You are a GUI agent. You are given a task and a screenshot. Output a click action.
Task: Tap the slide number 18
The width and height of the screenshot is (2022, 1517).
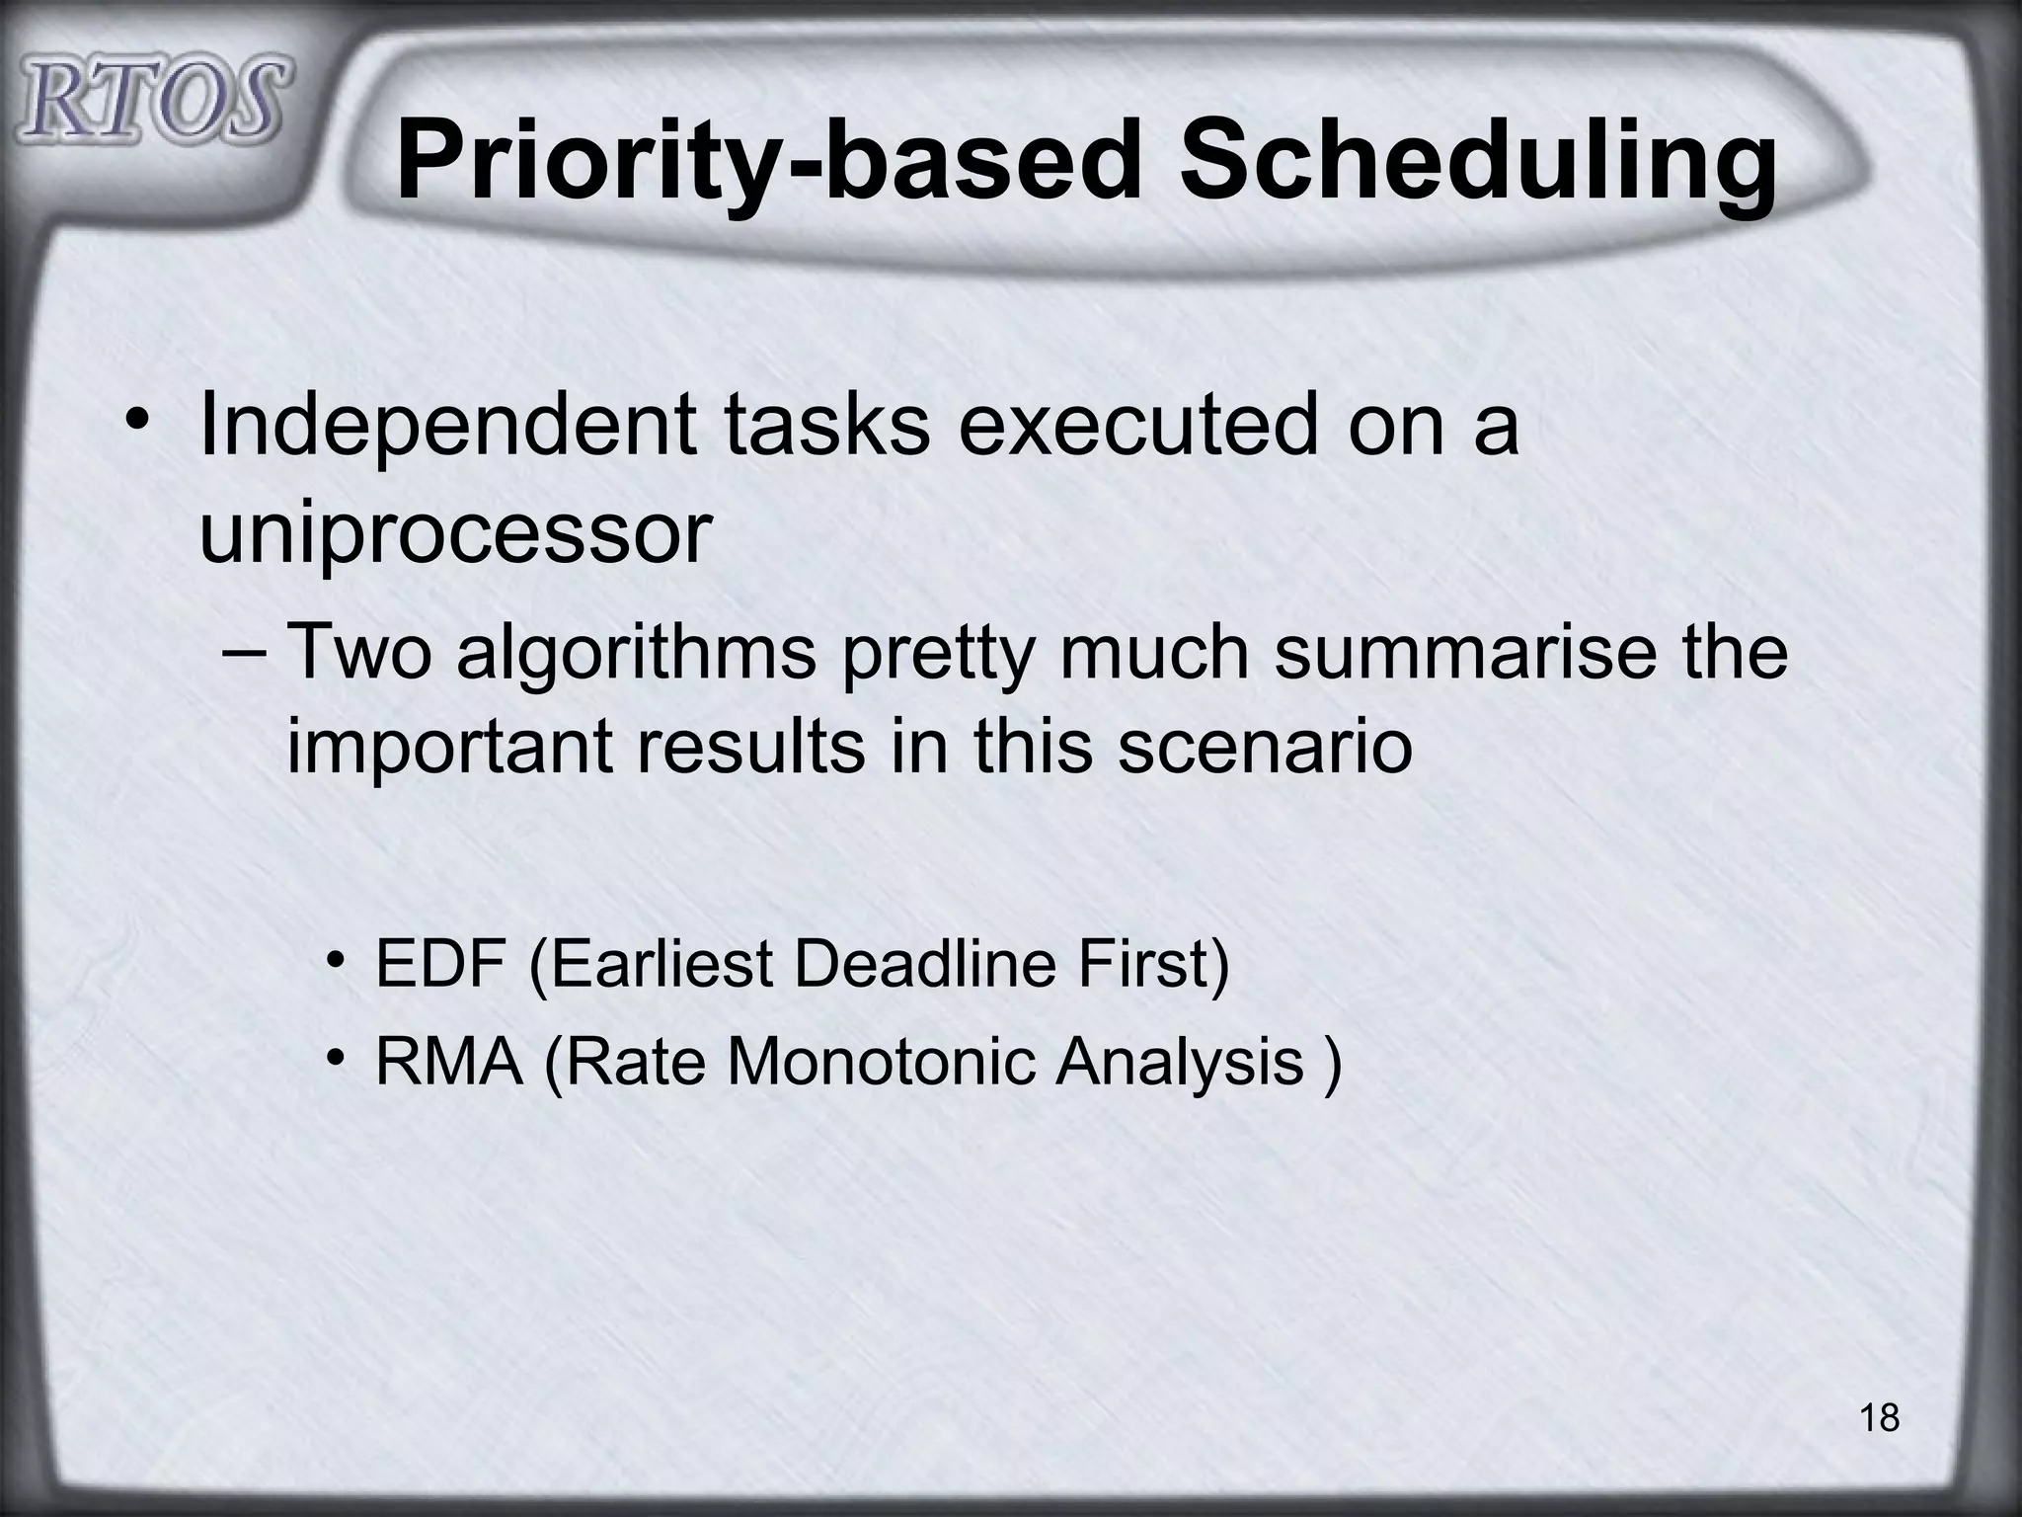(x=1879, y=1418)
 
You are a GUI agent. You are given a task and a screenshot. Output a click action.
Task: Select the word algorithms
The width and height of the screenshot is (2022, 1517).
(x=638, y=654)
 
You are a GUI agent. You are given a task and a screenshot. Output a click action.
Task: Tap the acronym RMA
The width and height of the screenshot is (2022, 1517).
(x=449, y=1064)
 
